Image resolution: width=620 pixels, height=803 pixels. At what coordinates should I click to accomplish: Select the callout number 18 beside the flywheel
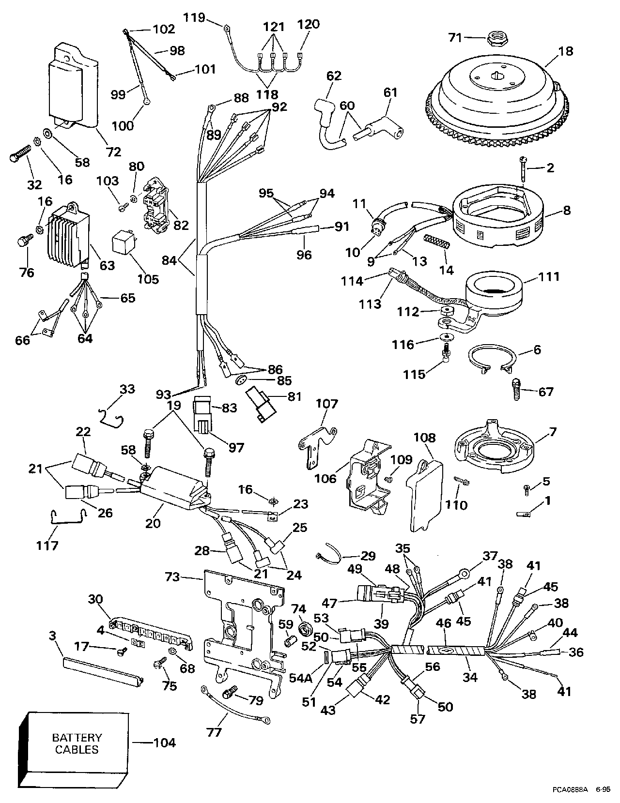click(x=566, y=52)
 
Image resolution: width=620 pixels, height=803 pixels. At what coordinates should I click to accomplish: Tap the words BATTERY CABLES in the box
click(x=77, y=744)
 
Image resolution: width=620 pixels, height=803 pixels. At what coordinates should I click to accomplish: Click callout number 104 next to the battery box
click(x=164, y=742)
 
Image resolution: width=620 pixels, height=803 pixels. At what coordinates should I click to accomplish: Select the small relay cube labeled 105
click(x=124, y=242)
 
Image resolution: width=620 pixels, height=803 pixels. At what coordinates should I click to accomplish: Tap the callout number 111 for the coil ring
click(x=549, y=277)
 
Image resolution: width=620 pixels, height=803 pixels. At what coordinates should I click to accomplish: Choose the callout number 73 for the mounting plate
click(x=172, y=577)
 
